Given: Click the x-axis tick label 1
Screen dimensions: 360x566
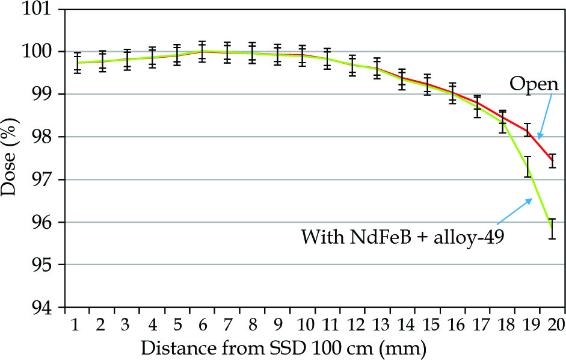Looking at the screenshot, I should (76, 325).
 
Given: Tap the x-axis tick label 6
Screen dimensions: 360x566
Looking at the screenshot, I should (201, 325).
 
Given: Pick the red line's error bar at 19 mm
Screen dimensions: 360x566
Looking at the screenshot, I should (528, 129).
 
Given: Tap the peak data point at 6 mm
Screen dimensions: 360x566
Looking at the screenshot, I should (201, 51).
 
